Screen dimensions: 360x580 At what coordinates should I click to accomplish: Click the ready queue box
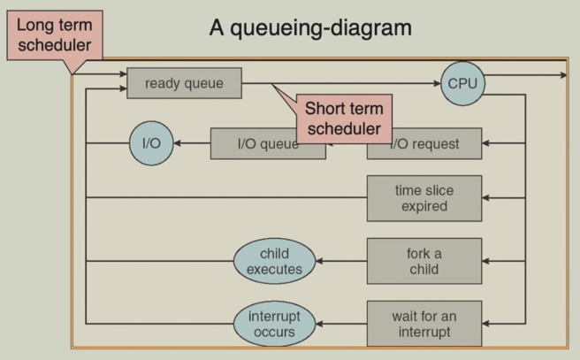tap(184, 84)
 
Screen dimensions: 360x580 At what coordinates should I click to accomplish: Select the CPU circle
tap(462, 84)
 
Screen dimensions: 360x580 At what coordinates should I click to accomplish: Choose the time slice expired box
tap(424, 198)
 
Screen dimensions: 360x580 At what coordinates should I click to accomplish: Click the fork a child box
tap(424, 260)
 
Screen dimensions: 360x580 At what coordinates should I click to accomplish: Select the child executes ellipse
tap(274, 261)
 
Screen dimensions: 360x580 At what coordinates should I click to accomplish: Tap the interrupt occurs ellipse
tap(274, 324)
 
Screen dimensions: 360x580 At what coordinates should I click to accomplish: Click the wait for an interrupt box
tap(424, 324)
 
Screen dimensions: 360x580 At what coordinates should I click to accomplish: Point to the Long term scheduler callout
tap(53, 34)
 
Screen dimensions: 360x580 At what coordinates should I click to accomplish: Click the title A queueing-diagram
tap(309, 27)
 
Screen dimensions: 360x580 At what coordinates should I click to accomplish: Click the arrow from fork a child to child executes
tap(341, 261)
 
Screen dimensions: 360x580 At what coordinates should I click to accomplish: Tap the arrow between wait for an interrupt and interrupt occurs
tap(341, 325)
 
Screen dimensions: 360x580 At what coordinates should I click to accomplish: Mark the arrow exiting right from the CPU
tap(530, 75)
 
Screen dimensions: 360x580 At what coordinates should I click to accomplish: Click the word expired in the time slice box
tap(424, 207)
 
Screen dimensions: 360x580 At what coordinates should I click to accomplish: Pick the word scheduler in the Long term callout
tap(53, 44)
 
